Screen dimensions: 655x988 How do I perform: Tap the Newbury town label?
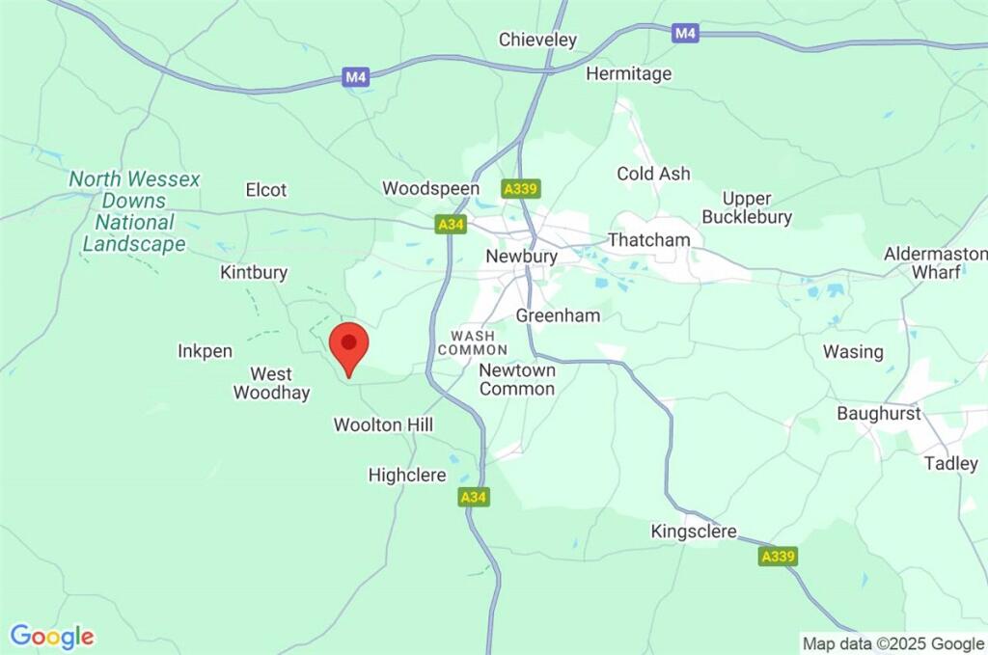[522, 257]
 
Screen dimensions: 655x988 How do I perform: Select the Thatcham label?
[648, 239]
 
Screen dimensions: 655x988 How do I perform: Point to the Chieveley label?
[537, 40]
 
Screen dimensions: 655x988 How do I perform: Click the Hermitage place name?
[628, 73]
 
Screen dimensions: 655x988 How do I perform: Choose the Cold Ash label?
[653, 174]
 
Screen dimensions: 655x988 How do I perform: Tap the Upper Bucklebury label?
[746, 207]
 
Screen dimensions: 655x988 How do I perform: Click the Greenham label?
[558, 315]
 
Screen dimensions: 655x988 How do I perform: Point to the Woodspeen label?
[430, 188]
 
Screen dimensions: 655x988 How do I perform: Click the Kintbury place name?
[254, 272]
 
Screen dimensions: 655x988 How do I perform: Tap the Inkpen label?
[205, 351]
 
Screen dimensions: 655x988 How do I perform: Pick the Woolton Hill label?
[383, 424]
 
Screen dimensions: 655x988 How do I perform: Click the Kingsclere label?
[694, 532]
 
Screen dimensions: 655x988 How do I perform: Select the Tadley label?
[950, 463]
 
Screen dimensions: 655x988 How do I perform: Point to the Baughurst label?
[879, 414]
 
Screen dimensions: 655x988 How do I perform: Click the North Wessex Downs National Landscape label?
[134, 211]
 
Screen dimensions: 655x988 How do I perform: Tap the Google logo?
[52, 637]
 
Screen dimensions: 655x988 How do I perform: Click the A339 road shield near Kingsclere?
[778, 557]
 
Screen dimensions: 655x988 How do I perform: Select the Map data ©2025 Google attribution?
[893, 643]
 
